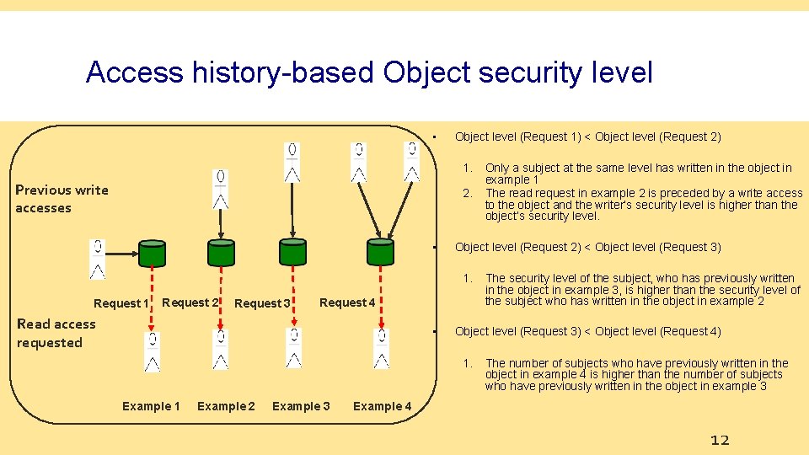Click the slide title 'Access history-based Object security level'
369,72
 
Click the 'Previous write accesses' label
62,199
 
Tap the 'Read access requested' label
56,333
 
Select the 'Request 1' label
121,303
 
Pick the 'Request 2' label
190,302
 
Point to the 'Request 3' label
262,303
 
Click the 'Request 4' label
348,302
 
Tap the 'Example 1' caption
151,406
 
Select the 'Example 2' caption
226,406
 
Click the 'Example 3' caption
301,406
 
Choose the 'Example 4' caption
382,406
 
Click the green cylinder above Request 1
152,253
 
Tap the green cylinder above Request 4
380,252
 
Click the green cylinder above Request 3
293,252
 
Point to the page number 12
720,440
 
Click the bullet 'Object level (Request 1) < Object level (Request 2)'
587,136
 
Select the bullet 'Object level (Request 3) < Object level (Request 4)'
587,331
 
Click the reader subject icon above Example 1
152,352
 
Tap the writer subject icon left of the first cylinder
98,259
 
